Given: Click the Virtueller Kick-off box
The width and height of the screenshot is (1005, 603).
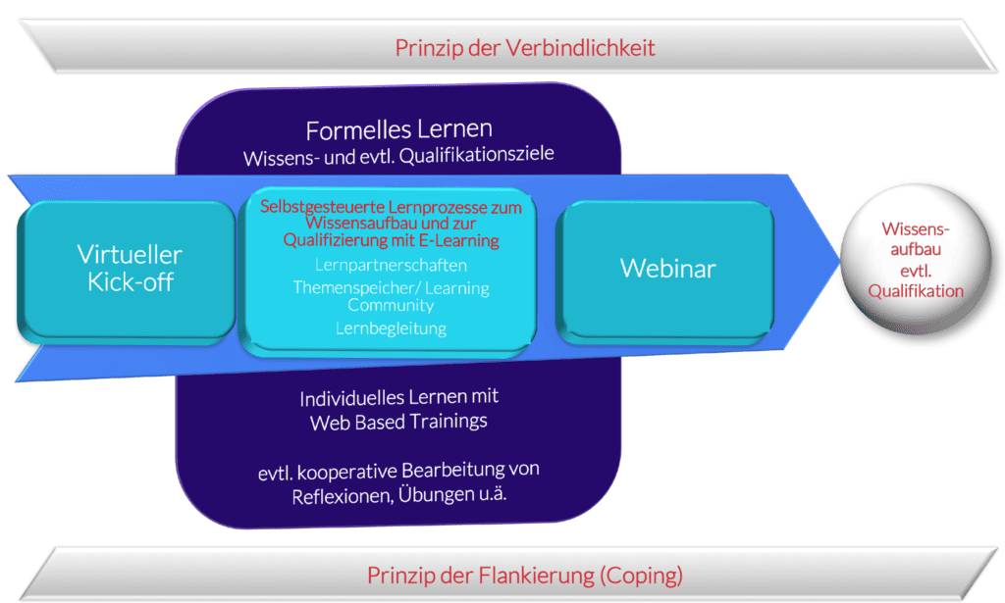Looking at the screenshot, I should pyautogui.click(x=128, y=269).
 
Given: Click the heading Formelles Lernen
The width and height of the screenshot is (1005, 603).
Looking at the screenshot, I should pyautogui.click(x=398, y=130).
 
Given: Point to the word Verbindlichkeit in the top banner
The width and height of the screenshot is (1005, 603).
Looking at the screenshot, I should pyautogui.click(x=577, y=47).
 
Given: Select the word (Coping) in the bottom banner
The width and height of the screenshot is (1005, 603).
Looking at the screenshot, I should pyautogui.click(x=641, y=575).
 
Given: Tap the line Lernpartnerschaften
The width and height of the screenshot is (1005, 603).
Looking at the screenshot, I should pyautogui.click(x=391, y=265).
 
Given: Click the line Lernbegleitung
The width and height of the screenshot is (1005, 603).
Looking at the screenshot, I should pyautogui.click(x=391, y=328).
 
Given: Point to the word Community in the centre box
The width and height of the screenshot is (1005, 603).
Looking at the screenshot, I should pyautogui.click(x=391, y=305).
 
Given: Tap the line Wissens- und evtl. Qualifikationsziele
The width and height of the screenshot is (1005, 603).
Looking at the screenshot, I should pyautogui.click(x=398, y=157).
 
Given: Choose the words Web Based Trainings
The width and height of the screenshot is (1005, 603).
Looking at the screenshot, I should pyautogui.click(x=398, y=423).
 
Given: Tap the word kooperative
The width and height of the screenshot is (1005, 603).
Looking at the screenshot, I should pyautogui.click(x=344, y=471).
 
